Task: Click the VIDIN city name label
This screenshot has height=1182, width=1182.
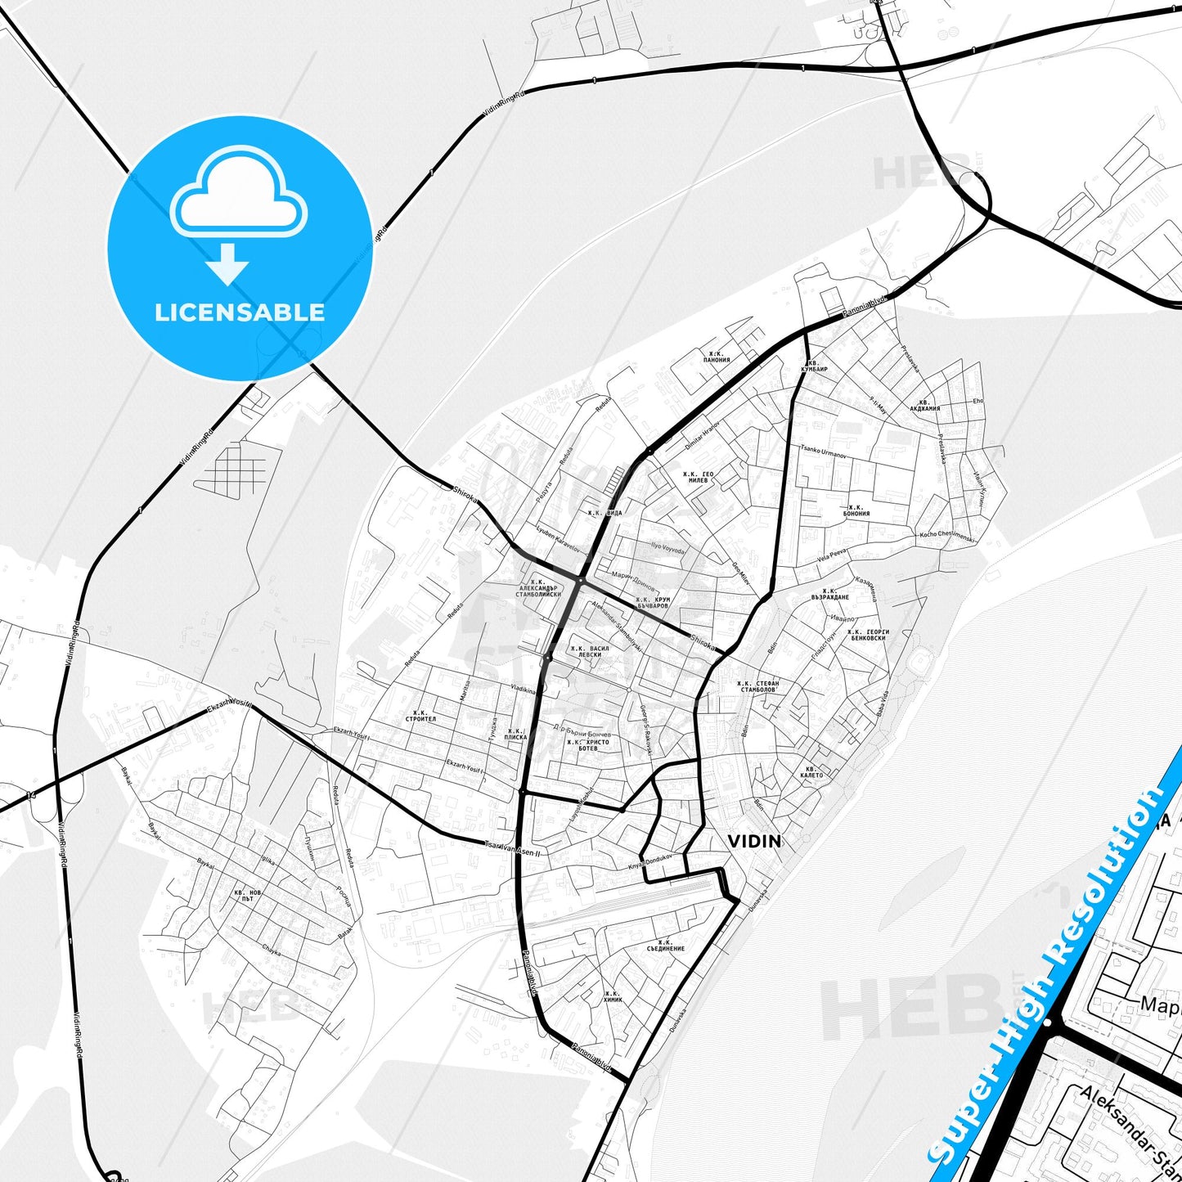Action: tap(753, 841)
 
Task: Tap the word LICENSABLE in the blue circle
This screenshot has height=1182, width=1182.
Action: tap(240, 312)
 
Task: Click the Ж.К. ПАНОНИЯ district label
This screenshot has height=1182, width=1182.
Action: tap(717, 357)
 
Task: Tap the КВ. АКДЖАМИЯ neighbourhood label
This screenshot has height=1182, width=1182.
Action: tap(924, 406)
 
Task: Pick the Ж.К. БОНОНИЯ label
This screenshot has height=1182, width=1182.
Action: tap(856, 510)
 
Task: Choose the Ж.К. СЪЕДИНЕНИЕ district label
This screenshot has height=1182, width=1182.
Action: tap(665, 946)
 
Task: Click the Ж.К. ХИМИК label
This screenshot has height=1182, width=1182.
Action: tap(613, 996)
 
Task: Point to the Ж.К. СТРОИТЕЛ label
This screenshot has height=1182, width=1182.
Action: tap(420, 716)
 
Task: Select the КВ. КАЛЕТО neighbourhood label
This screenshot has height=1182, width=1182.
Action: tap(812, 771)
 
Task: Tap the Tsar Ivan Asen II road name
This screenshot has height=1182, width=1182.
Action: tap(513, 849)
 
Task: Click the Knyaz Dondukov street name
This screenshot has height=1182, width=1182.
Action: tap(649, 862)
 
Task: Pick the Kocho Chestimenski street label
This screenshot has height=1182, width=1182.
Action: tap(946, 536)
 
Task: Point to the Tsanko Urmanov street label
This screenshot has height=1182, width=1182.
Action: tap(823, 451)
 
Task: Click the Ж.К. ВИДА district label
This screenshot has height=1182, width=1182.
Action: tap(604, 513)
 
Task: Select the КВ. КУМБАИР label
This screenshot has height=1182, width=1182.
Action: tap(816, 366)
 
